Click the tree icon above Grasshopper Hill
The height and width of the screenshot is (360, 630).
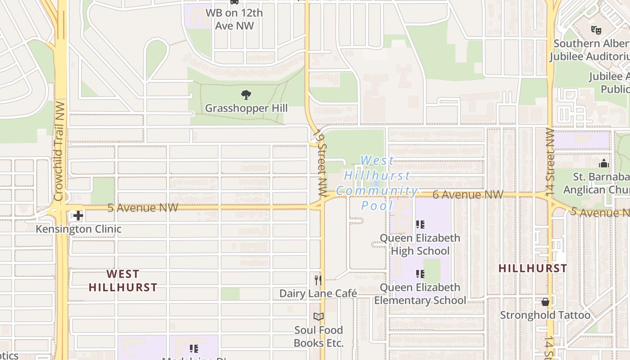[x=246, y=95]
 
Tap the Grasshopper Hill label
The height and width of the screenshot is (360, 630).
[x=246, y=108]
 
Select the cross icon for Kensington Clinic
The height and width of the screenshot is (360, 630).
[x=78, y=216]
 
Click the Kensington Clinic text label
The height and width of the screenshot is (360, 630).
[x=79, y=229]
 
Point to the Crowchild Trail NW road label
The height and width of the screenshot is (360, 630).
[x=59, y=151]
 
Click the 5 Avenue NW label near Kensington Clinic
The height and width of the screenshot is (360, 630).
[x=143, y=207]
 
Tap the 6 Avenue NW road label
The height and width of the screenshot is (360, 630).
[x=468, y=195]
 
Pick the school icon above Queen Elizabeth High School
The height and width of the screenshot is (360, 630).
[x=420, y=225]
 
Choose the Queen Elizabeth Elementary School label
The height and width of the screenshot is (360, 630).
[x=420, y=294]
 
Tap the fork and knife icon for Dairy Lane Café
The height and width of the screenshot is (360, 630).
[x=318, y=280]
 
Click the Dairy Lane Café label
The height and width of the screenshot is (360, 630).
[x=318, y=294]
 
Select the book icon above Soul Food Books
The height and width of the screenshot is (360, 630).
[x=319, y=317]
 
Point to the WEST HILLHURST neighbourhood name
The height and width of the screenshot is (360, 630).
[x=123, y=280]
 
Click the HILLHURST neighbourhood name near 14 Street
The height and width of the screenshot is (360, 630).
[x=533, y=268]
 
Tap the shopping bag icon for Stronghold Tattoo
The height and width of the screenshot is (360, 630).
[x=545, y=302]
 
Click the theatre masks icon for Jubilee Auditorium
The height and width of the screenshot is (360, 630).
[x=596, y=30]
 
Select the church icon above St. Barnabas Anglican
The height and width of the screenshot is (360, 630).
[x=603, y=163]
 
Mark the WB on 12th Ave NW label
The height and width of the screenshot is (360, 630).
[x=234, y=19]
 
